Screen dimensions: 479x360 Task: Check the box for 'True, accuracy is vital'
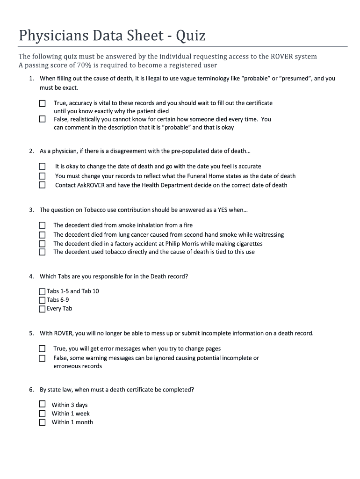[x=43, y=103]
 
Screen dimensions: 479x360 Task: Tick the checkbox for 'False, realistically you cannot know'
[x=43, y=119]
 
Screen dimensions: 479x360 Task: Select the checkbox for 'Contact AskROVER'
[x=43, y=185]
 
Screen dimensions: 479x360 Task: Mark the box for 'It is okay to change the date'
[x=43, y=167]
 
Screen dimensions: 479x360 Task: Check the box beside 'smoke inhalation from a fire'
[x=43, y=225]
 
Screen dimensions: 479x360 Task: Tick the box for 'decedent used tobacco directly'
[x=43, y=252]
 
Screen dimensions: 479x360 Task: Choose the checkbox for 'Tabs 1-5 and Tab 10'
[x=43, y=291]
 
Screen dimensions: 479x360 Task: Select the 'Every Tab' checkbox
[x=43, y=309]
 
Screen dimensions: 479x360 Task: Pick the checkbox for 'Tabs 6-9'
[x=43, y=300]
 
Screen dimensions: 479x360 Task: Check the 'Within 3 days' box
[x=43, y=405]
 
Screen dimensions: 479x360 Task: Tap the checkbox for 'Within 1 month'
[x=43, y=422]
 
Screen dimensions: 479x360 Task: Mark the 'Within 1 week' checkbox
[x=43, y=414]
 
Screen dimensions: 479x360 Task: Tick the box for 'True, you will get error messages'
[x=43, y=349]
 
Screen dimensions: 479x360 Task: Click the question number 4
[x=31, y=276]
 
